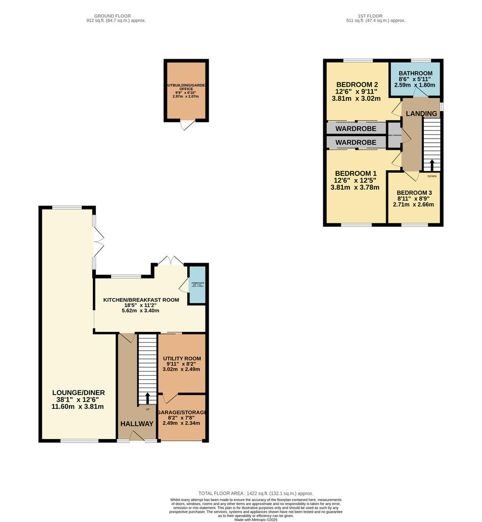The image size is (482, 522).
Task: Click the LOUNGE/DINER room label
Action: pyautogui.click(x=78, y=393)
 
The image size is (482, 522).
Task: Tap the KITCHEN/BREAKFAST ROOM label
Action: pyautogui.click(x=141, y=300)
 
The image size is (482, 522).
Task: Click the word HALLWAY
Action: pyautogui.click(x=137, y=424)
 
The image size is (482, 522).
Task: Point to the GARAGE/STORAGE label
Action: pyautogui.click(x=182, y=412)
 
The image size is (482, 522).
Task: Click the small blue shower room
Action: pyautogui.click(x=197, y=285)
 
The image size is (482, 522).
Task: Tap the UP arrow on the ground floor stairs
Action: pyautogui.click(x=148, y=398)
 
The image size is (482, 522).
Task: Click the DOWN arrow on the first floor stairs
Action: pyautogui.click(x=432, y=166)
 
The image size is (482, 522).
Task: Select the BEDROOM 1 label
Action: pyautogui.click(x=356, y=173)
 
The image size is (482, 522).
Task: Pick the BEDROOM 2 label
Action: pyautogui.click(x=357, y=85)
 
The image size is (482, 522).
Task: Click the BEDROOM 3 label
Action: pyautogui.click(x=414, y=193)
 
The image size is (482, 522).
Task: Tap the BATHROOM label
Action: pyautogui.click(x=416, y=73)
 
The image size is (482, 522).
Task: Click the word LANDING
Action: pyautogui.click(x=422, y=113)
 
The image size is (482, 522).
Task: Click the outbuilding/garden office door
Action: pyautogui.click(x=187, y=125)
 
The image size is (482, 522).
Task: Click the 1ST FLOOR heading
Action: pyautogui.click(x=375, y=16)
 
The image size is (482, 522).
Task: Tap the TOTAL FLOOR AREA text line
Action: pyautogui.click(x=256, y=493)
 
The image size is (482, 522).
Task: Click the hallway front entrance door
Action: pyautogui.click(x=137, y=436)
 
